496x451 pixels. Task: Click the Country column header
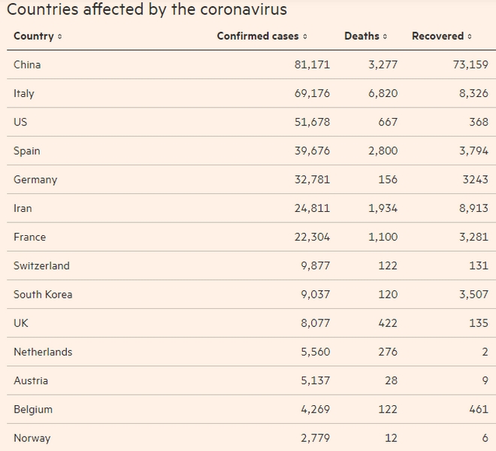(x=34, y=36)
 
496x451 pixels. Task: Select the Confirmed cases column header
(x=258, y=36)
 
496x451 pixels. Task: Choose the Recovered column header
(x=437, y=36)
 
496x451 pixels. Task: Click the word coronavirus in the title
(x=243, y=11)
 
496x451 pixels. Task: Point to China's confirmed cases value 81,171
(x=312, y=65)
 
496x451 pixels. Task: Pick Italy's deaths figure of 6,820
(x=383, y=93)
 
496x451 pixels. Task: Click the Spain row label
(x=27, y=151)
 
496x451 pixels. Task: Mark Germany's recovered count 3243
(x=473, y=180)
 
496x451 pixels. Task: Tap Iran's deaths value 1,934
(x=383, y=208)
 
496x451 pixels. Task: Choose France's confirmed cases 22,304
(x=312, y=237)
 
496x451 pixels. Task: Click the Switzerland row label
(x=41, y=265)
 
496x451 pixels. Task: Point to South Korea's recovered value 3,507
(x=473, y=295)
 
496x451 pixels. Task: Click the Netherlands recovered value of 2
(x=485, y=352)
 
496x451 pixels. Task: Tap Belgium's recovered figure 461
(x=476, y=410)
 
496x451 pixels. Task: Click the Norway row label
(x=32, y=438)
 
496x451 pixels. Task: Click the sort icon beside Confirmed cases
(x=305, y=37)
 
